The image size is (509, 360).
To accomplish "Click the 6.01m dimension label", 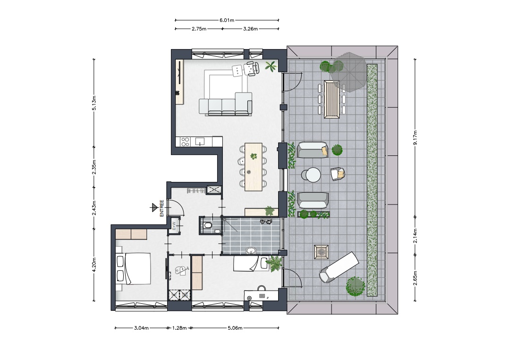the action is click(x=227, y=20).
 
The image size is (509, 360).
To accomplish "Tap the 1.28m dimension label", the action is click(x=179, y=328).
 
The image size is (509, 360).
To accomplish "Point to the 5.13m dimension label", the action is click(x=94, y=103).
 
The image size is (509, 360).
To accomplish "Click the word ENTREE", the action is click(x=161, y=208).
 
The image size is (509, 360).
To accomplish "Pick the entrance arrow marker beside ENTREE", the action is click(x=154, y=207).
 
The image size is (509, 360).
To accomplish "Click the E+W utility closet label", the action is click(x=174, y=226).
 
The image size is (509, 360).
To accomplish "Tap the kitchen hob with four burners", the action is click(x=185, y=142).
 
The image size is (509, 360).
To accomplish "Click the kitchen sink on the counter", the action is click(x=200, y=142).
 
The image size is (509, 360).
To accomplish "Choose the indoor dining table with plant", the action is click(x=254, y=167).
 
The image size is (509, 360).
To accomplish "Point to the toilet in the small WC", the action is click(x=207, y=225).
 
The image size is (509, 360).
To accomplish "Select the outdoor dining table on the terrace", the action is click(x=332, y=99).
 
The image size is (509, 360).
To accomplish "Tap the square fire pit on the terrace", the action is click(x=322, y=252).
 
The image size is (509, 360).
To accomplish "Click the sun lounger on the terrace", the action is click(x=339, y=267).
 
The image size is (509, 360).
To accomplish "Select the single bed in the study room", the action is click(x=250, y=264).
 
